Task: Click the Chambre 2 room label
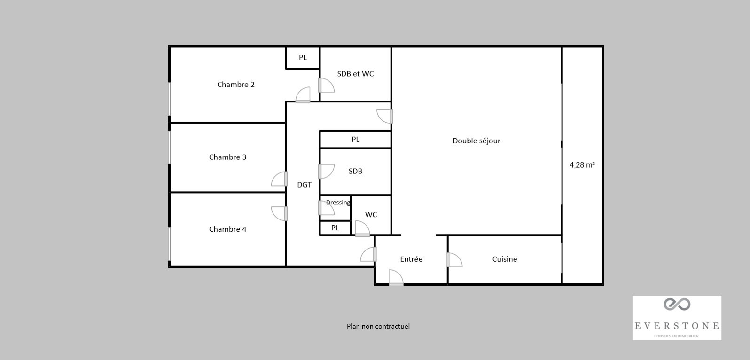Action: (x=236, y=85)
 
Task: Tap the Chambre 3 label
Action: (x=227, y=157)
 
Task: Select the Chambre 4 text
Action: (x=227, y=229)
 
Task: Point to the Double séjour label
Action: (x=477, y=141)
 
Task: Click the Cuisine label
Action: (x=505, y=259)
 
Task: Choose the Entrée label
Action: (x=411, y=259)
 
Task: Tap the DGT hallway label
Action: (x=305, y=185)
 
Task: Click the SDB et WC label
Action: (x=355, y=74)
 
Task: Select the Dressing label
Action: (x=338, y=203)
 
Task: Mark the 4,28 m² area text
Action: (x=582, y=165)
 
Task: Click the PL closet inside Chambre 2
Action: (x=303, y=58)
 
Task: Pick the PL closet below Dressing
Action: (x=335, y=228)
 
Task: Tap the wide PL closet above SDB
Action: (x=356, y=139)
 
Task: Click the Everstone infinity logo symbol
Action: (x=677, y=304)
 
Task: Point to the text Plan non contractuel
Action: (x=378, y=326)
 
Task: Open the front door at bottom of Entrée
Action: (x=396, y=278)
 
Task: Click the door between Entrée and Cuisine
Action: (x=454, y=260)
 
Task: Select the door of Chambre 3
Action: (x=279, y=179)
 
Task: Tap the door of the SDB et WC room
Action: (x=326, y=85)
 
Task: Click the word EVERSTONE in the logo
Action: (x=677, y=326)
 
